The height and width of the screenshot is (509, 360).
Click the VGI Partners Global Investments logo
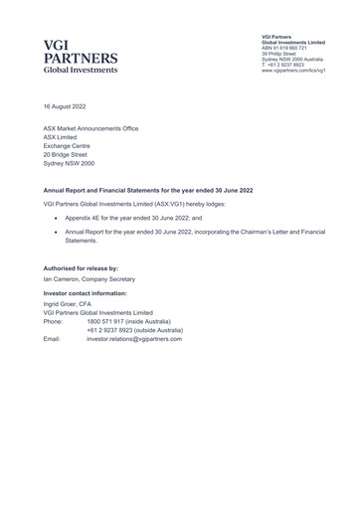[81, 58]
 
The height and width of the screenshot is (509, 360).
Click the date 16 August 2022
[66, 104]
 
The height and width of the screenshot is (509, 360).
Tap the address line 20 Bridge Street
[66, 154]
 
